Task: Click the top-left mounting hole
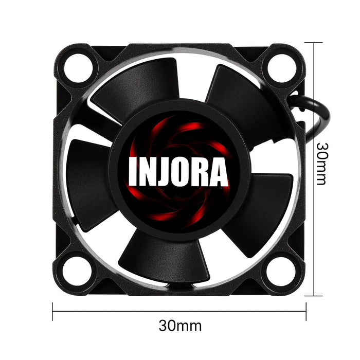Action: click(80, 66)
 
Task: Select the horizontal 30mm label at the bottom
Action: click(180, 326)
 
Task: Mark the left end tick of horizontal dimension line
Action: click(53, 311)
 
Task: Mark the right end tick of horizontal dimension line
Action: click(307, 311)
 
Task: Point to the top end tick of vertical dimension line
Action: click(313, 43)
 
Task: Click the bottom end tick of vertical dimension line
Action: click(313, 295)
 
